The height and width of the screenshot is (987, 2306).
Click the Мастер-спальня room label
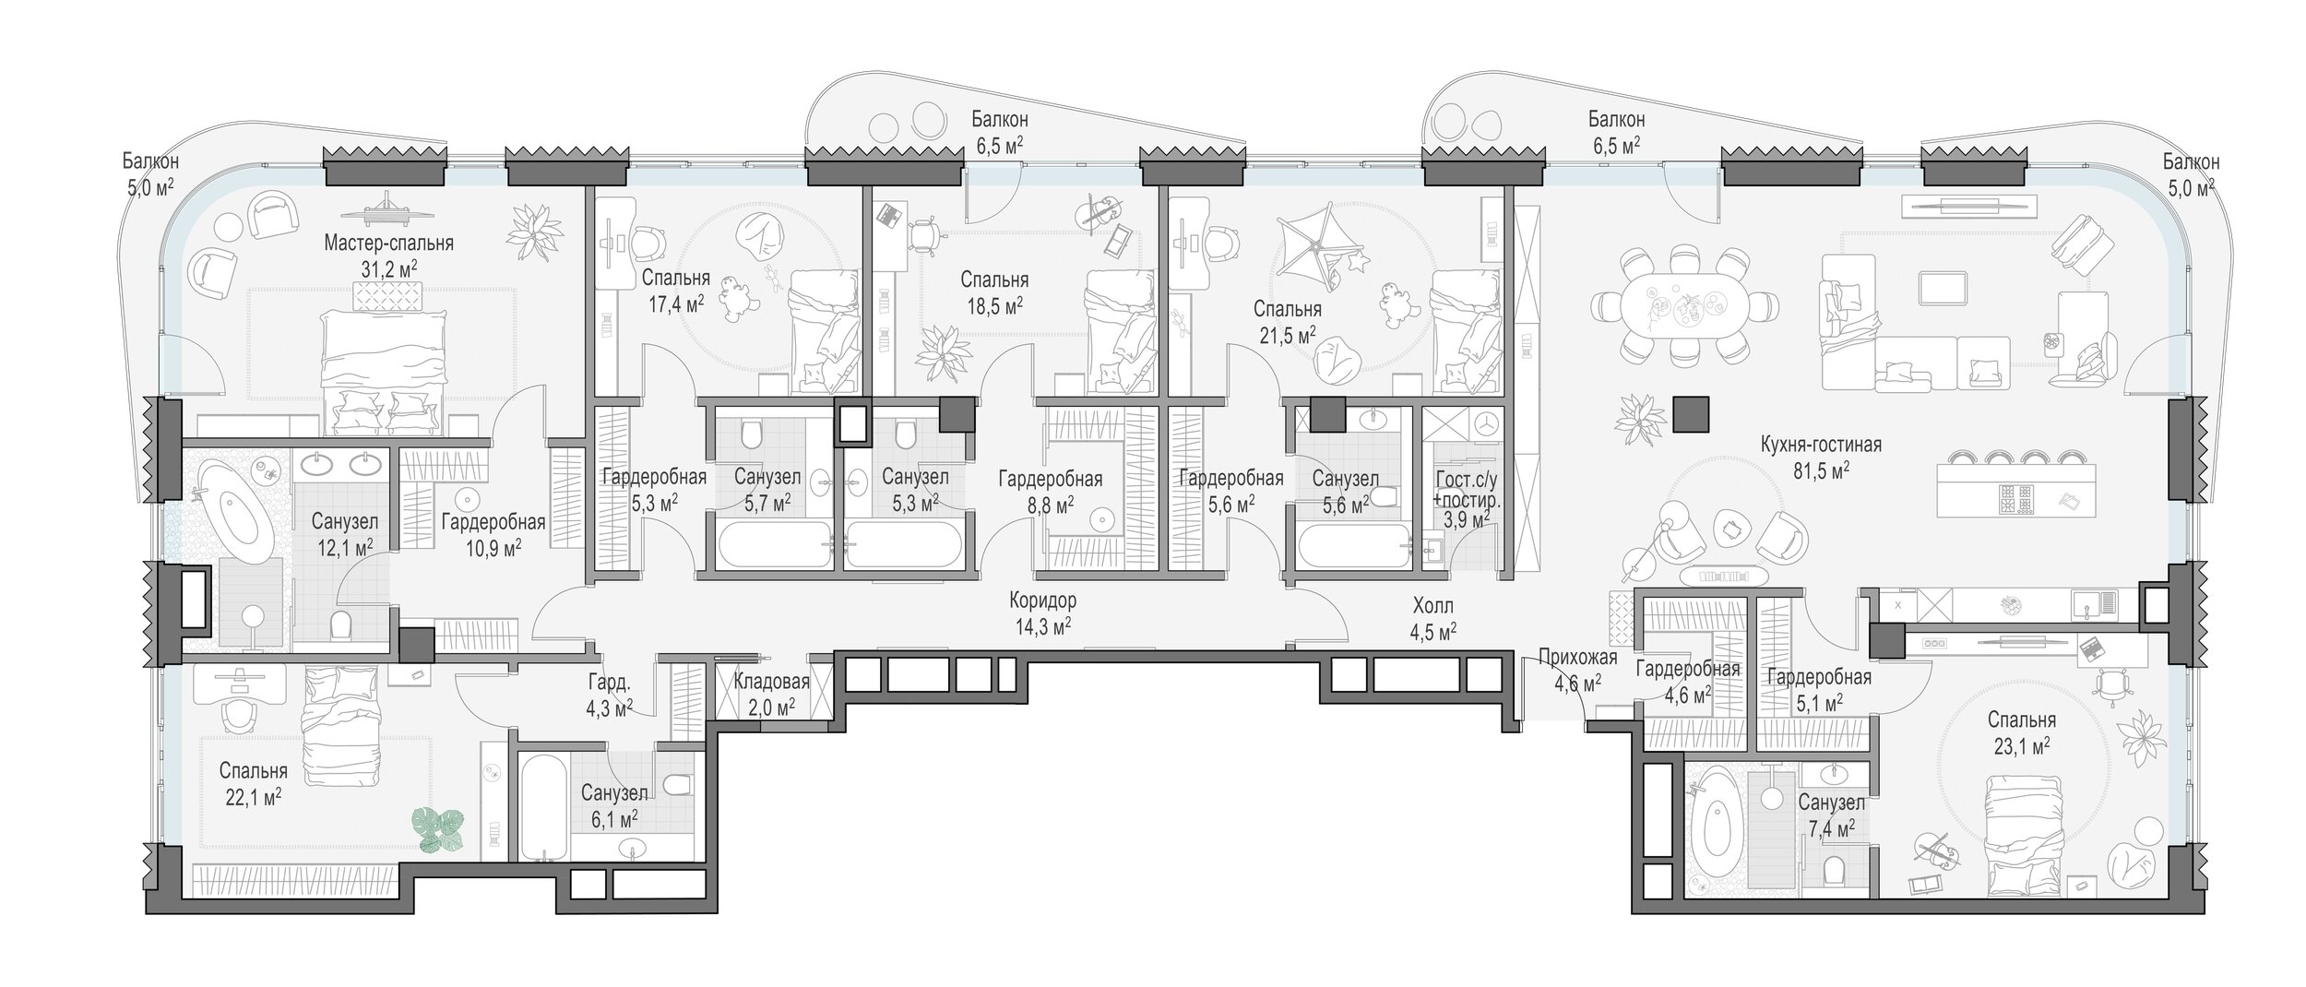point(388,244)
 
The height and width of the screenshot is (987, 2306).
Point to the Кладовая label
point(772,682)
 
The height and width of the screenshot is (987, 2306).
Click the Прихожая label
point(1579,658)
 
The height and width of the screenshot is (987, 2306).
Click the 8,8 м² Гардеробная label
point(1050,491)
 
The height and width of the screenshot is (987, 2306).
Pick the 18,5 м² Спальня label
point(994,291)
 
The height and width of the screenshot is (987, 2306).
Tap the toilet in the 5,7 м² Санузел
point(749,432)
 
